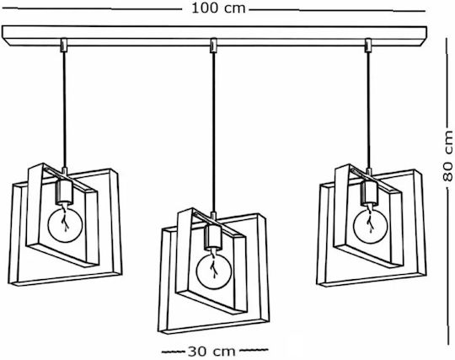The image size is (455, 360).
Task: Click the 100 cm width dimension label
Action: click(x=218, y=8)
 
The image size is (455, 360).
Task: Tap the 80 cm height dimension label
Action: click(x=448, y=156)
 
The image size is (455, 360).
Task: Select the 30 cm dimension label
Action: click(x=211, y=352)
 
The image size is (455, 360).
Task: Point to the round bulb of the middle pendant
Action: click(x=214, y=271)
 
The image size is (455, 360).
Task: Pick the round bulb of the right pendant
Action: click(x=370, y=226)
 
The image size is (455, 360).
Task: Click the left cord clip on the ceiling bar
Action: click(x=64, y=46)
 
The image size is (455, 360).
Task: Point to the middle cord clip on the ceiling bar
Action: click(x=213, y=46)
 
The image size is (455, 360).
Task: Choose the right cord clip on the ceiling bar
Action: click(x=368, y=46)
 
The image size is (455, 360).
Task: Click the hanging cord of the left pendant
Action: click(x=64, y=110)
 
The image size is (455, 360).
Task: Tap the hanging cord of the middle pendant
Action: click(x=213, y=132)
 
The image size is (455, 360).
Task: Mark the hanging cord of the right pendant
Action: click(x=368, y=110)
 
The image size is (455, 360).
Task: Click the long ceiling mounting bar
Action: click(x=214, y=35)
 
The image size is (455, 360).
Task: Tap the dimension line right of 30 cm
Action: click(x=254, y=350)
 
